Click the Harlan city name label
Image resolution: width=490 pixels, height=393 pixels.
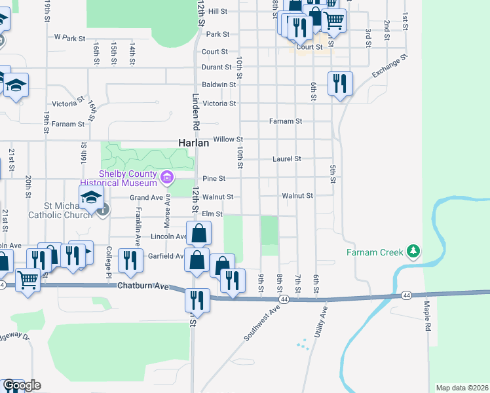(x=194, y=142)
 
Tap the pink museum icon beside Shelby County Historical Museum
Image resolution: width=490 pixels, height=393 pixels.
(x=167, y=177)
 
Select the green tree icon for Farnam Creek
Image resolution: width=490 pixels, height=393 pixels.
(x=413, y=252)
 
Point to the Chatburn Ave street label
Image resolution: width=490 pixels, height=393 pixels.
(x=143, y=286)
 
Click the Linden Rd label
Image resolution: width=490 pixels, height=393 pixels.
(x=195, y=109)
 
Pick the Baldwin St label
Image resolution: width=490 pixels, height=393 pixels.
(x=219, y=84)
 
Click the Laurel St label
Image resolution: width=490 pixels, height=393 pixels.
(x=286, y=159)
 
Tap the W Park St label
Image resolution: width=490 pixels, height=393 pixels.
(x=70, y=39)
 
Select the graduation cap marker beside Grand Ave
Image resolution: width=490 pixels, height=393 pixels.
(x=92, y=198)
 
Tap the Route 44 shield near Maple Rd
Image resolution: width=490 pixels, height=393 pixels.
(x=407, y=295)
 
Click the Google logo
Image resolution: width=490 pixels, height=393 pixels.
(x=22, y=385)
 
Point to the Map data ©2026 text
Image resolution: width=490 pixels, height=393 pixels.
(x=462, y=388)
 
